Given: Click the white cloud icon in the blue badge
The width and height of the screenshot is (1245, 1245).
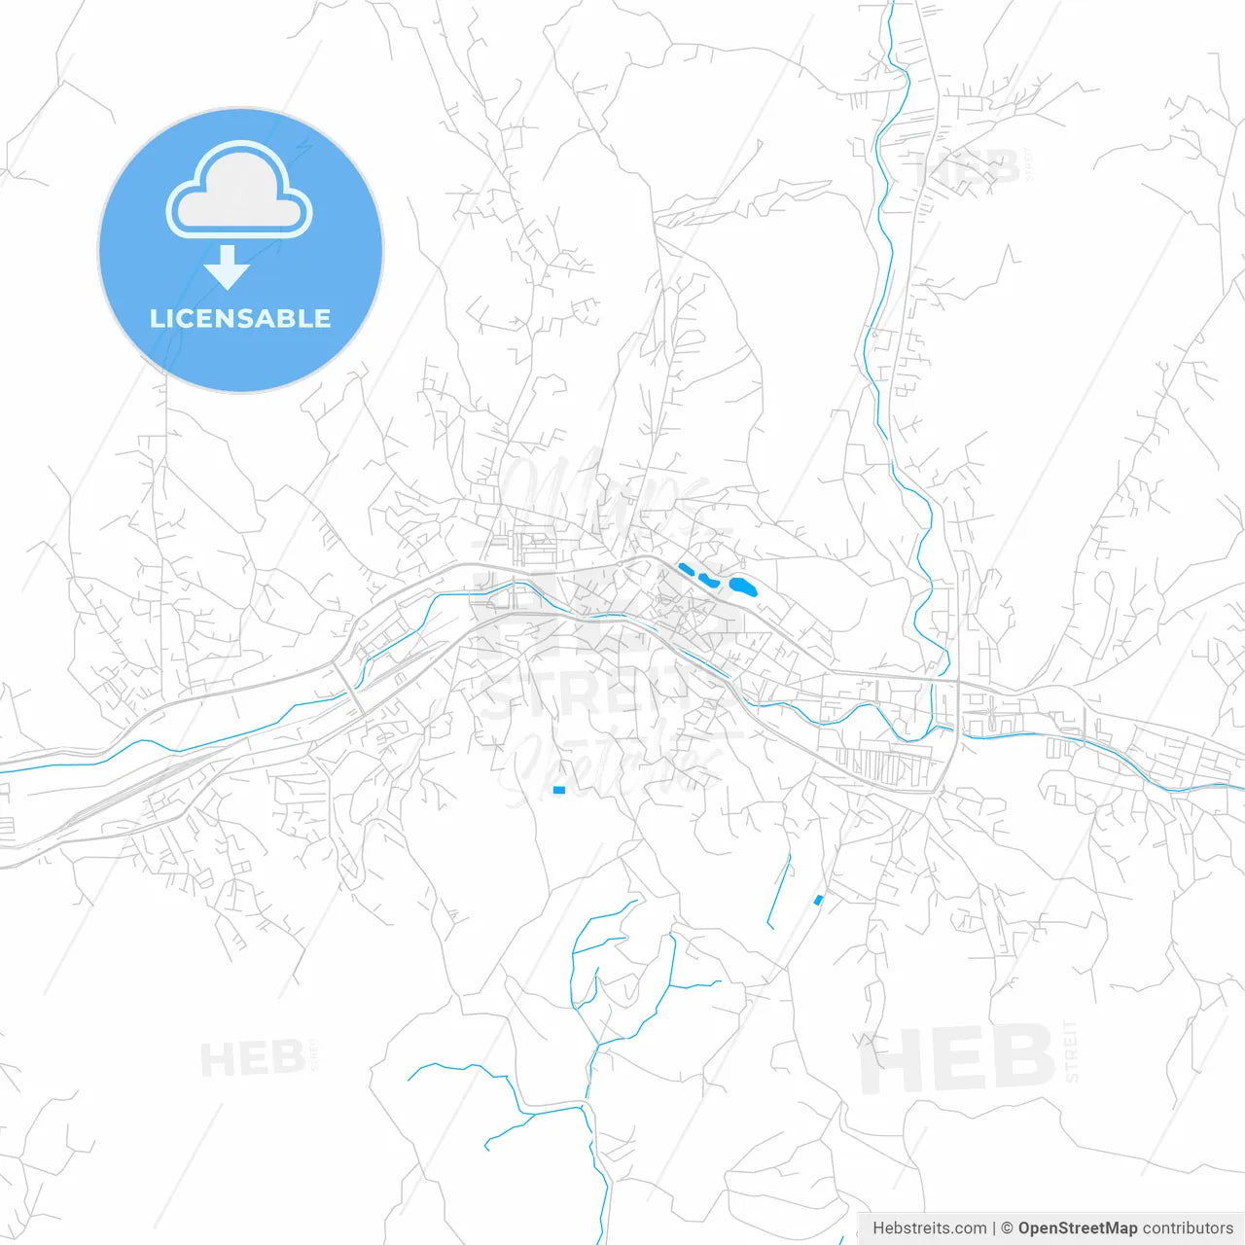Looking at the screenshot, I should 239,191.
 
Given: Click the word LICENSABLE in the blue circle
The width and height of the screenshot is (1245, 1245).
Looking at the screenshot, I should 240,318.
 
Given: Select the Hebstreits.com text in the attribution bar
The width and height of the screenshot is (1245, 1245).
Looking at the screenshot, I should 929,1228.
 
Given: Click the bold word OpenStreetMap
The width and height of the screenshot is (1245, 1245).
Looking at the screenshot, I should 1078,1228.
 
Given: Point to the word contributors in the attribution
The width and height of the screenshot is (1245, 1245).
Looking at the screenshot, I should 1188,1228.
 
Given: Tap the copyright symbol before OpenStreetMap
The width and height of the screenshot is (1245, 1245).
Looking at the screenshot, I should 1007,1228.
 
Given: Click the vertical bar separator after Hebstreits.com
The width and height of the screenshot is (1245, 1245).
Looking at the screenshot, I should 994,1228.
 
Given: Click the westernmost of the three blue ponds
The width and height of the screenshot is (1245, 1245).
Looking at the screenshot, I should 687,570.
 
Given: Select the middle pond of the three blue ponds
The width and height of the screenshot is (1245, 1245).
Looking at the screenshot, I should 708,581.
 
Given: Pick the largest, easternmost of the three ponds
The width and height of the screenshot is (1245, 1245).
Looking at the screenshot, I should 743,587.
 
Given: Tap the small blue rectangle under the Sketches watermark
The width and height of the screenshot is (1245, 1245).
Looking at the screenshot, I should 558,790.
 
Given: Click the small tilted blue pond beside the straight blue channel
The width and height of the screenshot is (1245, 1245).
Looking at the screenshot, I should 818,900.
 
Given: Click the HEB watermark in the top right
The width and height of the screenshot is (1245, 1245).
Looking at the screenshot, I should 968,167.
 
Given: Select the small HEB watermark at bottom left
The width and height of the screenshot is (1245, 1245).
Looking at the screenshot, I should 251,1058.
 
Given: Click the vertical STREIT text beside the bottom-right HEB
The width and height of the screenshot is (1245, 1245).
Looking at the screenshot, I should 1072,1050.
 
